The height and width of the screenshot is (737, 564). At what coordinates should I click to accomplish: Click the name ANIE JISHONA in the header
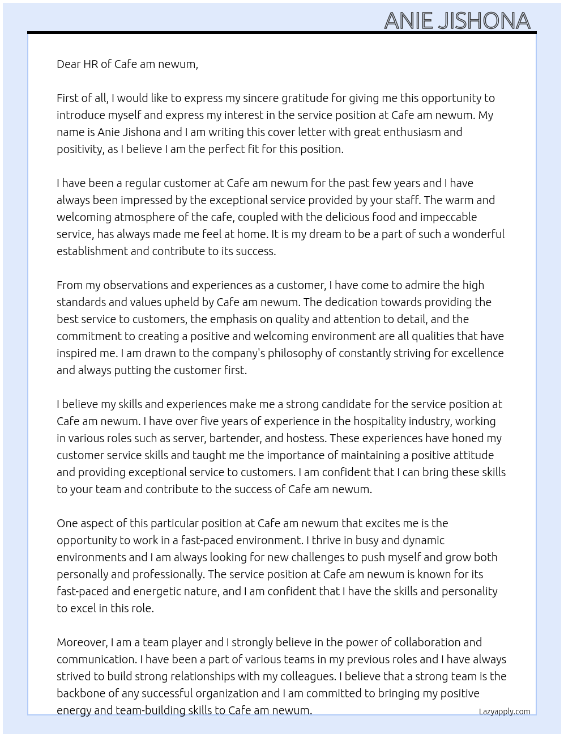457,21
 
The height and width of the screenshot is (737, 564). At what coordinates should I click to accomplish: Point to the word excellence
475,353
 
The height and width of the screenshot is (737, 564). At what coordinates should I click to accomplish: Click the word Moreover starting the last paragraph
82,642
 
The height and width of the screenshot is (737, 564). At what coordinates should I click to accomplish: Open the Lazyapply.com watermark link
505,711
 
